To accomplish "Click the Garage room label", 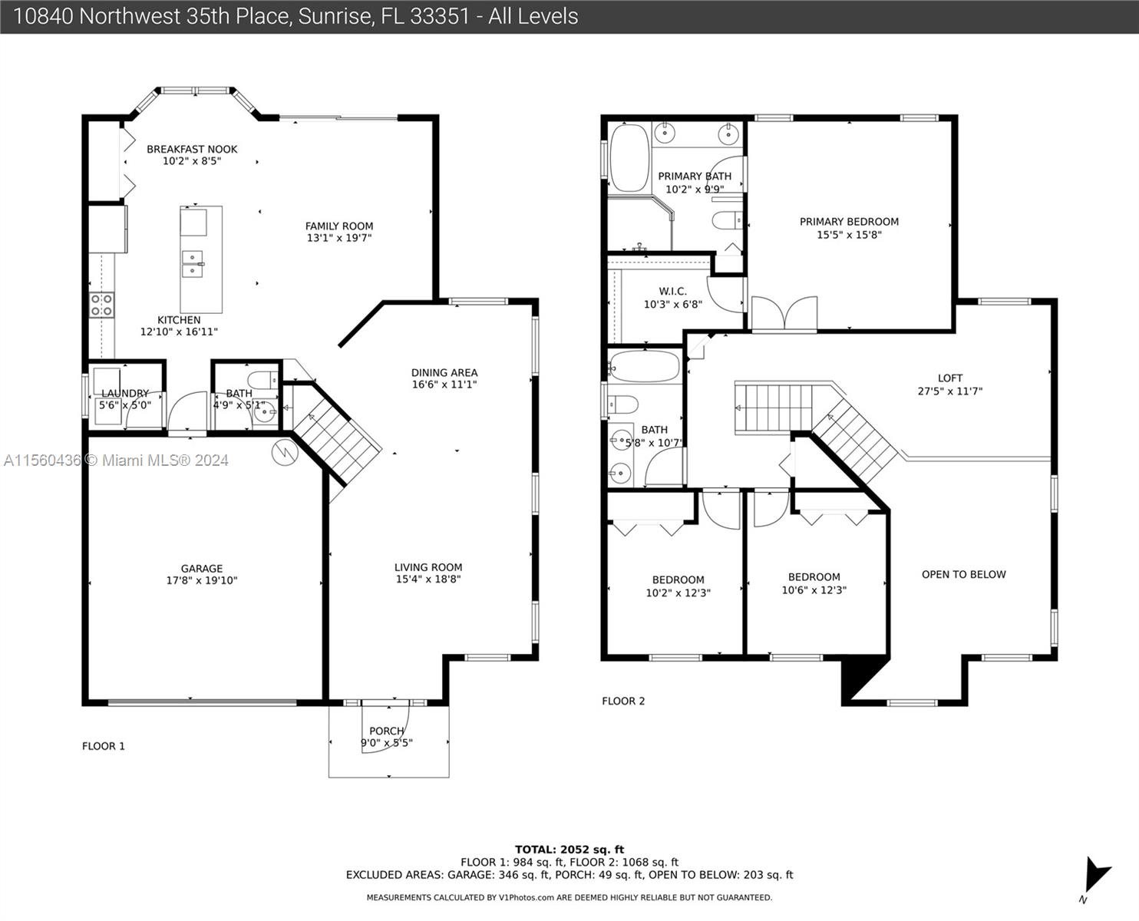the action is pyautogui.click(x=202, y=568).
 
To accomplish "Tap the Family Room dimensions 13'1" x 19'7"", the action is pyautogui.click(x=339, y=238).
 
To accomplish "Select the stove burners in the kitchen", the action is pyautogui.click(x=101, y=305).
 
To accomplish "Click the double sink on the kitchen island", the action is pyautogui.click(x=193, y=264).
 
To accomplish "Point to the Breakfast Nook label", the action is pyautogui.click(x=192, y=149).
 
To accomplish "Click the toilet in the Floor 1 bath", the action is pyautogui.click(x=265, y=380).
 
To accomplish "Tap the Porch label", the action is pyautogui.click(x=387, y=731).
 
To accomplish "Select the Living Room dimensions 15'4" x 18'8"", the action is pyautogui.click(x=428, y=579).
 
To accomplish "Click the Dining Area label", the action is pyautogui.click(x=444, y=372).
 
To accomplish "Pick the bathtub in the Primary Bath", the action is pyautogui.click(x=630, y=158).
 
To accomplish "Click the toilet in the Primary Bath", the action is pyautogui.click(x=728, y=220).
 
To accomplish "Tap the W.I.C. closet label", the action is pyautogui.click(x=672, y=292).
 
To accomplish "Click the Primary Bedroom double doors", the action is pyautogui.click(x=784, y=314).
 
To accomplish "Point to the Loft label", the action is pyautogui.click(x=950, y=378).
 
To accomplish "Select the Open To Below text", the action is pyautogui.click(x=963, y=575).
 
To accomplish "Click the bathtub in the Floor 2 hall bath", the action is pyautogui.click(x=645, y=366).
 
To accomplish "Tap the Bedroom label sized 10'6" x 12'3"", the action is pyautogui.click(x=814, y=576).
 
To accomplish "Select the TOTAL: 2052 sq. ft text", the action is pyautogui.click(x=569, y=850).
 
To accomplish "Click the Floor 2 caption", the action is pyautogui.click(x=623, y=701).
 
